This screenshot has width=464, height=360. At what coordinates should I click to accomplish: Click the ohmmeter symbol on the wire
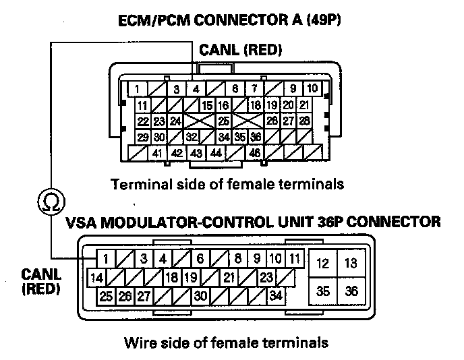point(51,200)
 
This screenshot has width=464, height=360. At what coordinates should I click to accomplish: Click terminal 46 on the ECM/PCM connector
point(254,154)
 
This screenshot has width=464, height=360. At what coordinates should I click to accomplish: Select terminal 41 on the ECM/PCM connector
point(157,154)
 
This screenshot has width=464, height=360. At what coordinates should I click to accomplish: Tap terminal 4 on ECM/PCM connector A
point(196,89)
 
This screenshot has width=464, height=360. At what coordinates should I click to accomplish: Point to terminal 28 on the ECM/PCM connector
point(304,121)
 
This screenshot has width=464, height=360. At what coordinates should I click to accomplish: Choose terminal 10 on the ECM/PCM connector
point(312,89)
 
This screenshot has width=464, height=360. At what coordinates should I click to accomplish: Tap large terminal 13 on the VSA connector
point(351,263)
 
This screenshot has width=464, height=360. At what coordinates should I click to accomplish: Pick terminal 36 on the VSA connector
point(351,291)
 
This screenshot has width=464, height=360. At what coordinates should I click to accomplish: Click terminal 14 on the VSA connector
point(97,276)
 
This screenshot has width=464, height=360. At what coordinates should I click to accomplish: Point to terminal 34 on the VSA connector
point(275,295)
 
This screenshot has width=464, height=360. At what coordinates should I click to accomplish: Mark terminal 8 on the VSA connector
point(238,258)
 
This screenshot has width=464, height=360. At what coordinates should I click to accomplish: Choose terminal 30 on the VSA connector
point(200,295)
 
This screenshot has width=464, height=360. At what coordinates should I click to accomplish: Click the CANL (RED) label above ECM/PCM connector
point(240,49)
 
